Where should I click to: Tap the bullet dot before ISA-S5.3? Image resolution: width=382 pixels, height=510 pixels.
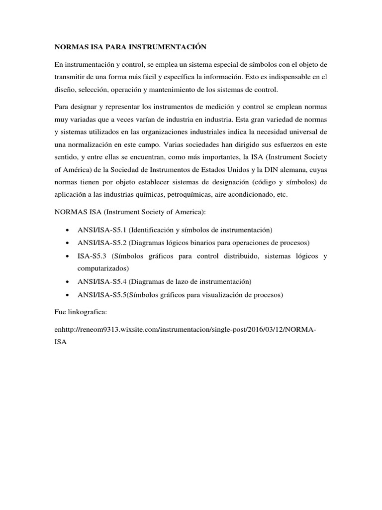coord(67,256)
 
